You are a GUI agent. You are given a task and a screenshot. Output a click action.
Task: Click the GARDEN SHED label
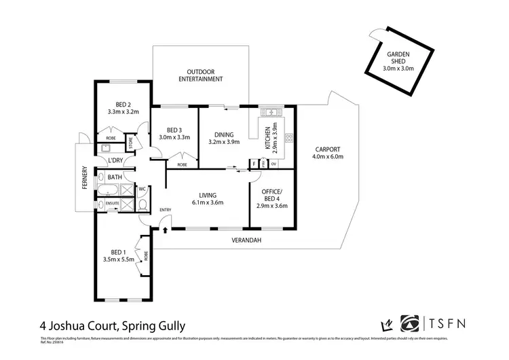[x=398, y=60]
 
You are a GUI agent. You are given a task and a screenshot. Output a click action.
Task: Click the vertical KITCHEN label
[x=268, y=138]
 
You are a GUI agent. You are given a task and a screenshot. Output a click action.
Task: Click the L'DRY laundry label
[x=116, y=160]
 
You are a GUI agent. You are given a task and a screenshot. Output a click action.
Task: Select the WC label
[x=143, y=189]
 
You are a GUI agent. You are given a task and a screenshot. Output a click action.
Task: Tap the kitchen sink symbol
[x=275, y=111]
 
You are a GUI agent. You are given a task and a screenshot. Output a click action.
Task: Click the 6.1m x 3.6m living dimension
[x=207, y=202]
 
